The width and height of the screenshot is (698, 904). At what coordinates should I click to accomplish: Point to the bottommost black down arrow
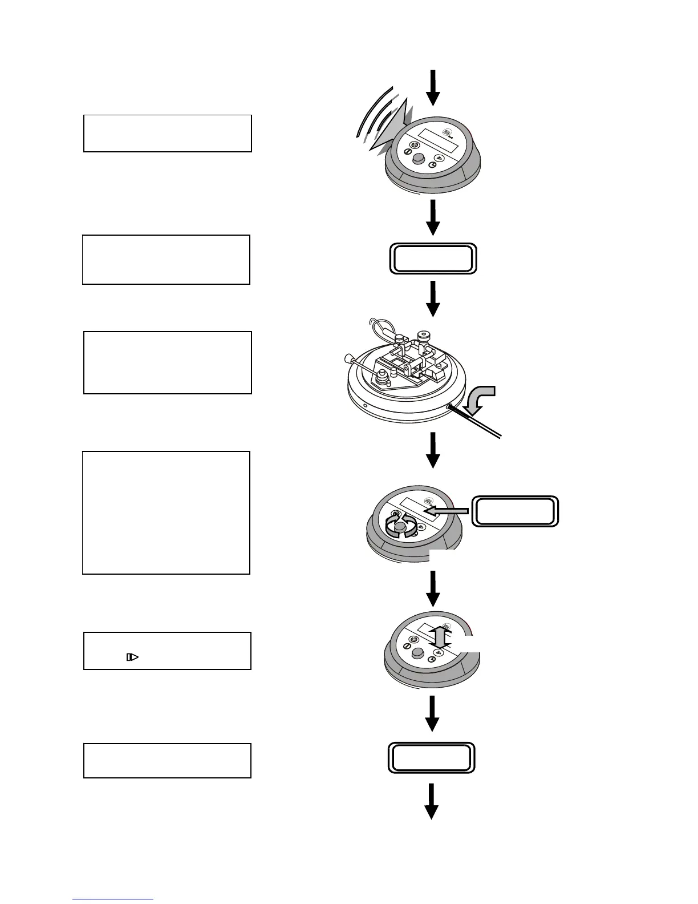coord(432,802)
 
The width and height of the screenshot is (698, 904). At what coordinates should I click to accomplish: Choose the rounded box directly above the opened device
coord(433,259)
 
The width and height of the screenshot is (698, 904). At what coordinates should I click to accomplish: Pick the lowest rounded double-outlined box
coord(432,758)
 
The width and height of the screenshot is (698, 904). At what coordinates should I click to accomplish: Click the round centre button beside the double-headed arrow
coord(417,654)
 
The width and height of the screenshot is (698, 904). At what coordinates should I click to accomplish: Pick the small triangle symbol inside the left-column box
coord(132,657)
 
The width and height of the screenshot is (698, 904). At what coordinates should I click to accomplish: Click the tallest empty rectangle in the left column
coord(166,512)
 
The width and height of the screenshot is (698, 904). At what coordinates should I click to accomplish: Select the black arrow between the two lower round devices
coord(433,589)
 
